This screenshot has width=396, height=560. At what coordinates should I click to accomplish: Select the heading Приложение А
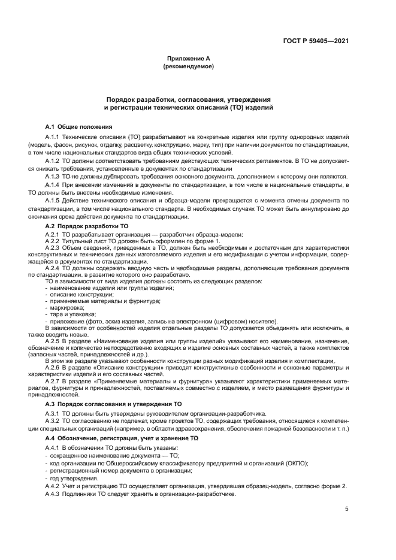(x=188, y=59)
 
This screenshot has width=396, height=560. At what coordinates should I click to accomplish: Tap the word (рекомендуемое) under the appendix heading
(x=188, y=66)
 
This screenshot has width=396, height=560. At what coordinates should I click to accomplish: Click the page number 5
(x=347, y=509)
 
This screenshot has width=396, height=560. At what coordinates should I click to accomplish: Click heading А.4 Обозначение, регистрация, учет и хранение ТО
(x=122, y=438)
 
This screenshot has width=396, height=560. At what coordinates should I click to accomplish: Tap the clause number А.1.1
(x=53, y=138)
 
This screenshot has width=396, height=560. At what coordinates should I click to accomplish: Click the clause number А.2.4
(x=53, y=268)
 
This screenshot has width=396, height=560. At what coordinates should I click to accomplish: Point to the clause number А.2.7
(x=53, y=380)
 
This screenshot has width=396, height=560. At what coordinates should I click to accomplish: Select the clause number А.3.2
(x=53, y=422)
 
